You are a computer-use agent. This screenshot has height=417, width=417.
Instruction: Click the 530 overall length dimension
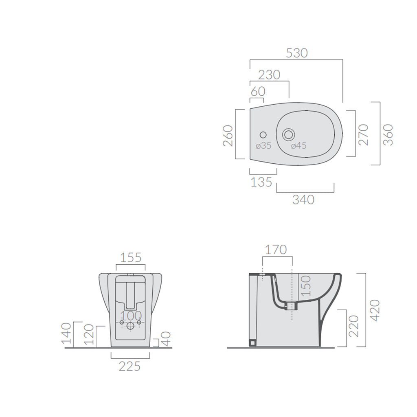point(296,53)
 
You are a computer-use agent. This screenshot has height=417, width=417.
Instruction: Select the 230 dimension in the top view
point(270,75)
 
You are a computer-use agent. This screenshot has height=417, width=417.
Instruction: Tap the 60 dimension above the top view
point(258,92)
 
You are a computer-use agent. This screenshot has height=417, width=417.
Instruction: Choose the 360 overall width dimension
point(388,134)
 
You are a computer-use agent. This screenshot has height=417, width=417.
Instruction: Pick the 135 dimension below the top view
point(261,182)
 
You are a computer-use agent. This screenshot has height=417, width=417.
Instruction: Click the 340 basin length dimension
point(303,200)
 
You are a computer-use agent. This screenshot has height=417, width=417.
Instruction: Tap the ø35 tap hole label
point(263,145)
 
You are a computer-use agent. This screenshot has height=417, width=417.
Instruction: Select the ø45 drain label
point(298,145)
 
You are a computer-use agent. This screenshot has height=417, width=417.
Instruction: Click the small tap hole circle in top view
point(263,134)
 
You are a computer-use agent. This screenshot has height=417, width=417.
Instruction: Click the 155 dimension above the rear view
point(131,257)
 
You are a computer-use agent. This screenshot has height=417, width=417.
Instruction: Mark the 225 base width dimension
point(130,366)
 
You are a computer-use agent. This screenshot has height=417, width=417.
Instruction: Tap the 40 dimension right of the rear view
point(166,338)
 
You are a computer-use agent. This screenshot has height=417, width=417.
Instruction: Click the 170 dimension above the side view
point(276,249)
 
